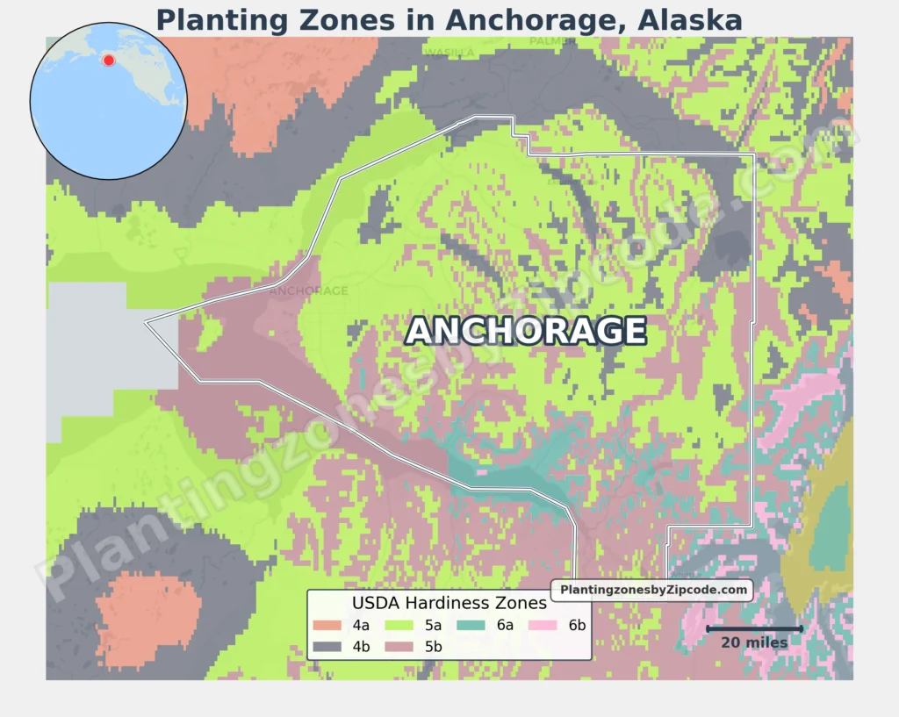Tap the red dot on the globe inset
pos(109,60)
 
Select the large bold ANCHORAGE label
pos(526,331)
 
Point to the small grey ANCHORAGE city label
pos(309,290)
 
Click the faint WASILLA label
pos(449,53)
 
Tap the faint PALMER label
pos(552,41)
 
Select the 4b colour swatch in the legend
pos(327,647)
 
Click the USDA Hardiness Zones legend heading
pos(449,604)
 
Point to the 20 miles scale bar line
pos(754,628)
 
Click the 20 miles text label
pos(754,643)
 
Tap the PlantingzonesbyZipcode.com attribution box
pos(653,591)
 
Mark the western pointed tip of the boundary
pos(147,323)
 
